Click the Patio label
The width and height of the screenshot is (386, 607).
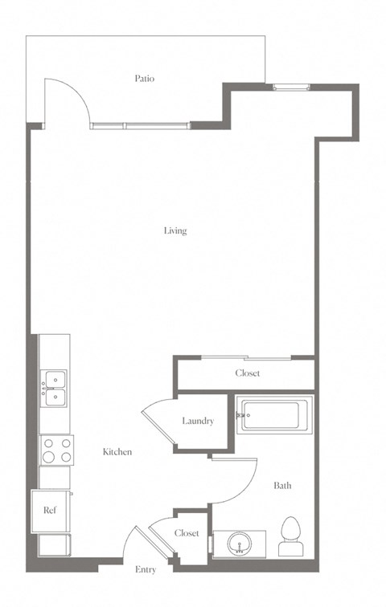[145, 79]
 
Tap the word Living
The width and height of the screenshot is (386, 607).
[175, 230]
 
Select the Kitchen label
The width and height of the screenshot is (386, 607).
[117, 452]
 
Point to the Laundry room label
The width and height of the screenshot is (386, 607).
[198, 421]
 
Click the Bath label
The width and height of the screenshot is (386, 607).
[282, 486]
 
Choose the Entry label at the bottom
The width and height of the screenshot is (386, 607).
[146, 569]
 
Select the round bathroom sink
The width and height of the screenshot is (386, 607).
[239, 544]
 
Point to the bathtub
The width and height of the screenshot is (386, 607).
[274, 415]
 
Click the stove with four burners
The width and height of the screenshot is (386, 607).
[56, 450]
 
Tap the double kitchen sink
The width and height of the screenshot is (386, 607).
[54, 389]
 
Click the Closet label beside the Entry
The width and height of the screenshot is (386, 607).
[187, 533]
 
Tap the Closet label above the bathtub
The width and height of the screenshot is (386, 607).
[248, 373]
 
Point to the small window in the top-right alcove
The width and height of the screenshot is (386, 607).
[291, 88]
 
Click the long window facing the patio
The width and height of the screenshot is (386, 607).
[140, 125]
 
